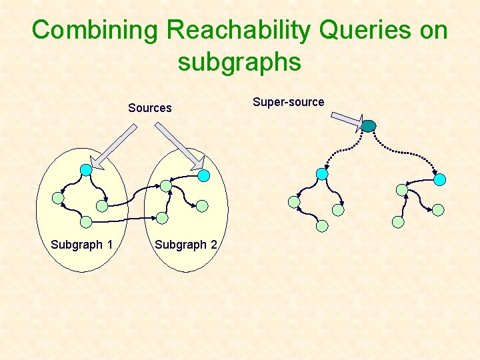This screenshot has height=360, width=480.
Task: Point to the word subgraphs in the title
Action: coord(239,62)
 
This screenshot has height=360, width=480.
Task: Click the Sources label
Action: coord(149,108)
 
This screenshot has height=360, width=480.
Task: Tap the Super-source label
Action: coord(288,102)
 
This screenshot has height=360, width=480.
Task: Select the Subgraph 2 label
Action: coord(185,245)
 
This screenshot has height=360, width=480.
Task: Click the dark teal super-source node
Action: coord(369,125)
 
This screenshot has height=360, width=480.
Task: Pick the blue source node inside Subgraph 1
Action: coord(86,170)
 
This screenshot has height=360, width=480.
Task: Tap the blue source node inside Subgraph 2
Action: coord(204,175)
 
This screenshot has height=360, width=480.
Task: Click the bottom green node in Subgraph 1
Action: coord(86,221)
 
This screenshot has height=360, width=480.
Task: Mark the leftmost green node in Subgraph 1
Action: coord(58,198)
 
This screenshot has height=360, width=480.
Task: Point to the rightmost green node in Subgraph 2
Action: coord(202,206)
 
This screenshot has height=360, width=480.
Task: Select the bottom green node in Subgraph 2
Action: coord(162,217)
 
